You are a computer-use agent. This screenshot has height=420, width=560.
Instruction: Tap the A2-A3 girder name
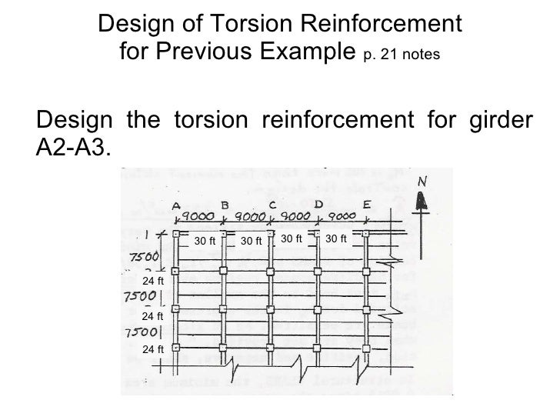click(x=73, y=147)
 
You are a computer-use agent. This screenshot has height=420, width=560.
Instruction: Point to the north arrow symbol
click(x=421, y=202)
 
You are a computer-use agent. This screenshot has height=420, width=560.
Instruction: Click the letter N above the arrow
click(x=422, y=182)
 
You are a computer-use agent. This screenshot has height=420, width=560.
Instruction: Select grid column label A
click(x=176, y=205)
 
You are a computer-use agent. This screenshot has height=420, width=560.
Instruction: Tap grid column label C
click(x=272, y=205)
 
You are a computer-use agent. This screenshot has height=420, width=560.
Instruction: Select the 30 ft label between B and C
click(x=252, y=242)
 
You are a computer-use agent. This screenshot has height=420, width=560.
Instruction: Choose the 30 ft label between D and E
click(x=337, y=239)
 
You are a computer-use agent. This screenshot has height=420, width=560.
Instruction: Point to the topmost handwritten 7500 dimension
click(x=143, y=256)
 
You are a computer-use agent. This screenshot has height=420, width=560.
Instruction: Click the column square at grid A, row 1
click(x=175, y=234)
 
